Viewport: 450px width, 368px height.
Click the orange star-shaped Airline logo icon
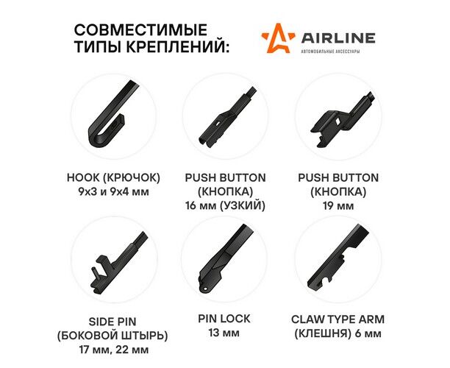click(x=278, y=38)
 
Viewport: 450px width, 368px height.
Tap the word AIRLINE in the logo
click(x=337, y=38)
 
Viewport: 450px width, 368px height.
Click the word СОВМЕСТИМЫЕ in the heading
click(x=140, y=30)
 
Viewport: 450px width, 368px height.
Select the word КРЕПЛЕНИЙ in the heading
click(x=178, y=46)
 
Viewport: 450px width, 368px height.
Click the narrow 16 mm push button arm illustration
click(x=226, y=118)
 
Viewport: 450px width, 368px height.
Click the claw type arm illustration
click(x=337, y=255)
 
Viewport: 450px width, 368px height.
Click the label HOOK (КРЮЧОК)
click(x=113, y=177)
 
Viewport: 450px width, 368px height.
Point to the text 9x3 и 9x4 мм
click(x=113, y=191)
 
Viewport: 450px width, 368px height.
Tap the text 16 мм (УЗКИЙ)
click(x=225, y=205)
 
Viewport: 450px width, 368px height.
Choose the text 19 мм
click(x=338, y=205)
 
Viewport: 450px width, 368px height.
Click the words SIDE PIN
click(x=113, y=322)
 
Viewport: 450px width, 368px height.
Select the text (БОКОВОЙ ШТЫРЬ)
click(x=113, y=336)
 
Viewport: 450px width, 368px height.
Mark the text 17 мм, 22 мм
click(x=114, y=350)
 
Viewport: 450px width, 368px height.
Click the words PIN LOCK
click(x=224, y=319)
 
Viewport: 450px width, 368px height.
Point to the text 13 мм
click(x=224, y=333)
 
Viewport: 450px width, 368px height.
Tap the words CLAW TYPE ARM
click(x=337, y=319)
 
